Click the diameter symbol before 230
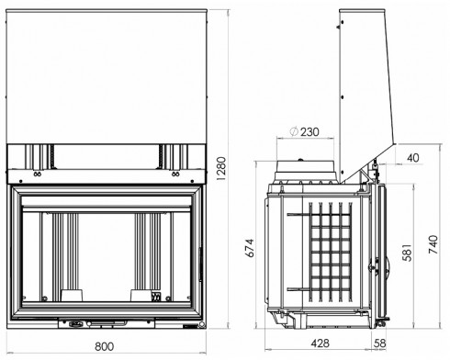pyautogui.click(x=292, y=131)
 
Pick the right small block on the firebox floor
pyautogui.click(x=141, y=295)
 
